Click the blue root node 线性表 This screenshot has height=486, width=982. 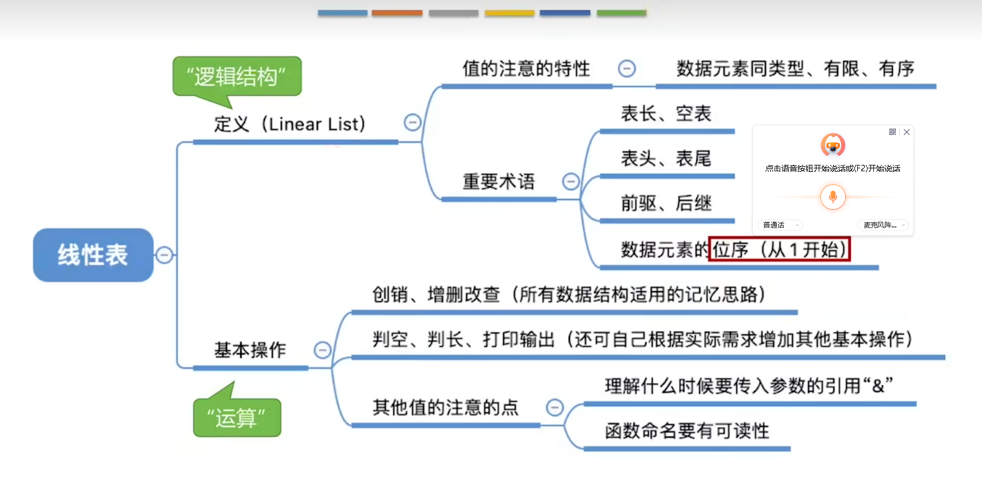tap(93, 255)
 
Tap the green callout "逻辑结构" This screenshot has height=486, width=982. tap(237, 76)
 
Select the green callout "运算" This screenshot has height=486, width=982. tap(237, 418)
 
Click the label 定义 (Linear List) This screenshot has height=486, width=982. tap(290, 124)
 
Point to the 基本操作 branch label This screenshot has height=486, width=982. tap(250, 350)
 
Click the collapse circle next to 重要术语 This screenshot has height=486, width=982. tap(570, 182)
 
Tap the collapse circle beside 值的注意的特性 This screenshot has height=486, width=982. tap(626, 69)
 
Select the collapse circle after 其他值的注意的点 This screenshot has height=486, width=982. tap(554, 407)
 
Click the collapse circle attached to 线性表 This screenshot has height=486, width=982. tap(164, 254)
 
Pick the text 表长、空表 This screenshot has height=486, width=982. tap(666, 114)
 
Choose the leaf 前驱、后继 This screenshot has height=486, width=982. tap(666, 203)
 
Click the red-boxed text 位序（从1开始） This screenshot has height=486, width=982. tap(779, 249)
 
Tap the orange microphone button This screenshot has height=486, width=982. tap(833, 197)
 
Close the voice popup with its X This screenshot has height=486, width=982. tap(907, 132)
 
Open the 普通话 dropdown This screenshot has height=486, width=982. tap(780, 225)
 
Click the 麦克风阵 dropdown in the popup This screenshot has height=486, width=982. tap(883, 225)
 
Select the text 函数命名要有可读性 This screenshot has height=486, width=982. tap(686, 431)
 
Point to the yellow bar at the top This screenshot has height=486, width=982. tap(509, 13)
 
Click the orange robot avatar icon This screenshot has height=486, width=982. tap(833, 145)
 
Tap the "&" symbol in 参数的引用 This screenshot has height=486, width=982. tap(878, 386)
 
